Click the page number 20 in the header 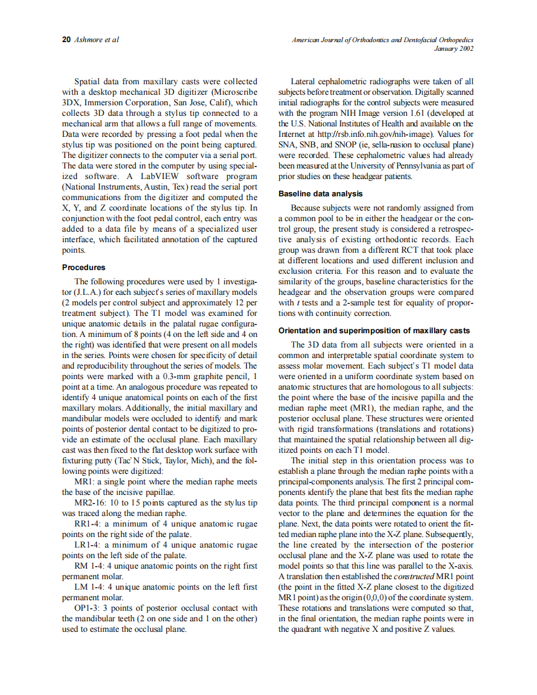(x=66, y=40)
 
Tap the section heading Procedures (x=84, y=268)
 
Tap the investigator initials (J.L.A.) (x=89, y=290)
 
